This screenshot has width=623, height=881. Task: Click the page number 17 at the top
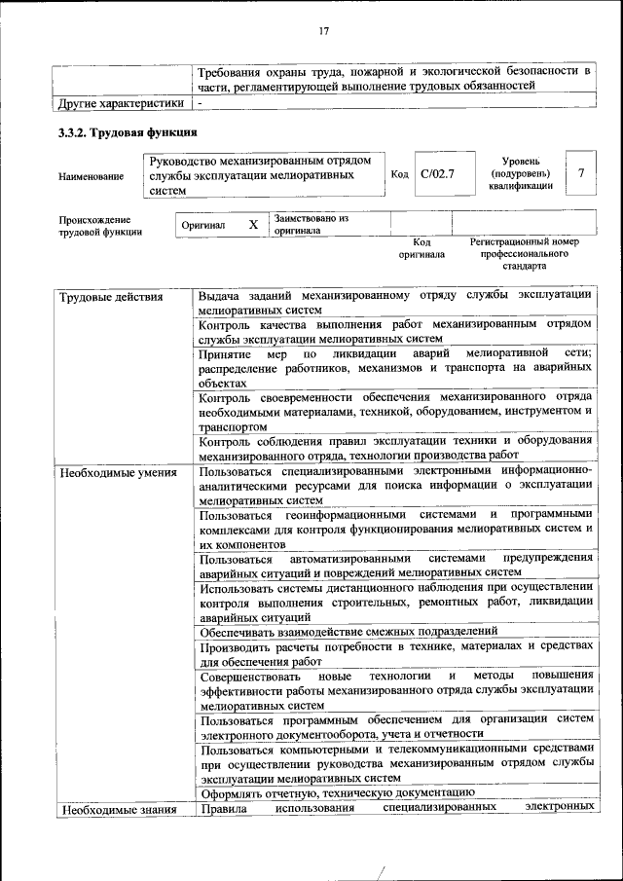(x=324, y=31)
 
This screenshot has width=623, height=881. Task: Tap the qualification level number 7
(x=581, y=173)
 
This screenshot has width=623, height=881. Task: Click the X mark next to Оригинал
(x=253, y=225)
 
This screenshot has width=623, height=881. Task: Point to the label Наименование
(x=92, y=176)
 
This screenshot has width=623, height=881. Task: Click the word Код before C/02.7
(x=399, y=174)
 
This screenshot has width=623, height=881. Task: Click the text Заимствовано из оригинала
(x=311, y=225)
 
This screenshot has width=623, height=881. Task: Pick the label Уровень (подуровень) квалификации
(x=522, y=172)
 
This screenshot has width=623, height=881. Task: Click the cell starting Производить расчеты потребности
(x=395, y=654)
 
